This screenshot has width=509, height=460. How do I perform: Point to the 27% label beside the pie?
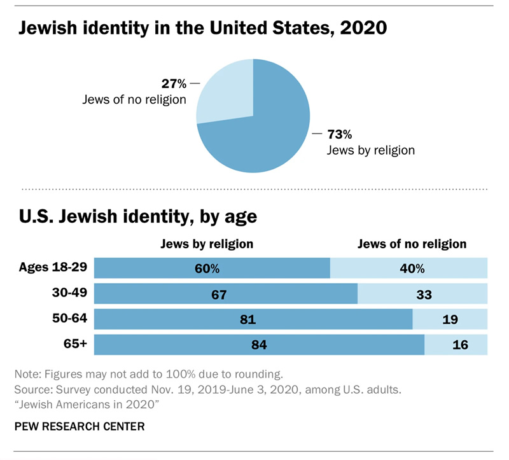tap(173, 83)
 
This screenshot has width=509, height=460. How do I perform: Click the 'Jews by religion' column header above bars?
tap(207, 244)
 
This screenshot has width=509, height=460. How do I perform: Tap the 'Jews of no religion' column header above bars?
tap(412, 244)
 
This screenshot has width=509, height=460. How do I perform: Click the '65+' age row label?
tap(76, 344)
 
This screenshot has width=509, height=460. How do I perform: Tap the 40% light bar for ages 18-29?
tap(409, 268)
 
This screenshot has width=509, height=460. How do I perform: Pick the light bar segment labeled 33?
tap(422, 294)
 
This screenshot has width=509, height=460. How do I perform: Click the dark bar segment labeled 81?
tap(253, 319)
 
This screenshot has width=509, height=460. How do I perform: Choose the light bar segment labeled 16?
tap(456, 345)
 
